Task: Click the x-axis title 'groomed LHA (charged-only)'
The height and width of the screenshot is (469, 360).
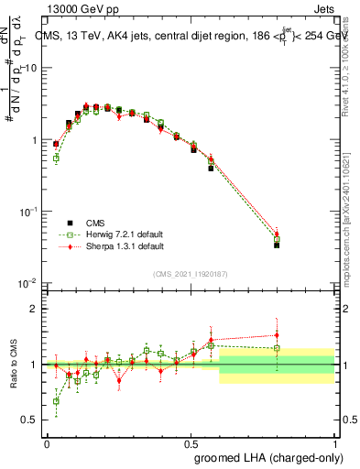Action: pos(263,456)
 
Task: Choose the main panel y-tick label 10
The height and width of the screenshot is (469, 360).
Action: pos(29,69)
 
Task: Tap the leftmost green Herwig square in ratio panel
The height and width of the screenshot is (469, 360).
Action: pos(56,400)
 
